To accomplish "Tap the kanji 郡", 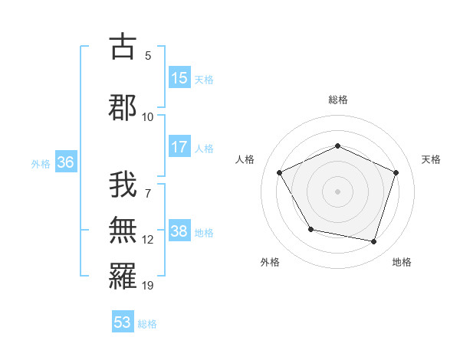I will [122, 107].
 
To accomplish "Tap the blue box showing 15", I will [179, 78].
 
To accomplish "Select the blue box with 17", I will [179, 147].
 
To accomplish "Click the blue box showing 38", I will [179, 231].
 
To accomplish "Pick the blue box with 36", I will [65, 162].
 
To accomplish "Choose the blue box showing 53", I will [123, 322].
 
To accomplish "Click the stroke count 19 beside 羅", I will [148, 286].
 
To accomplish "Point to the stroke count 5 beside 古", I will [148, 56].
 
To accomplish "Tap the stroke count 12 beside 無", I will [148, 240].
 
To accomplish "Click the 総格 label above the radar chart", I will [337, 100].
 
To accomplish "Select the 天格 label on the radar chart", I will [431, 159].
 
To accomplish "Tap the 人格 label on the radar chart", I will [245, 159].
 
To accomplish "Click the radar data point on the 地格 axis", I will [374, 241].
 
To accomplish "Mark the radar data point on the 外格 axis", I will [310, 229].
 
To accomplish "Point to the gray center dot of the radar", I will [337, 191].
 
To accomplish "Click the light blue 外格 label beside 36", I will [41, 163].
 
